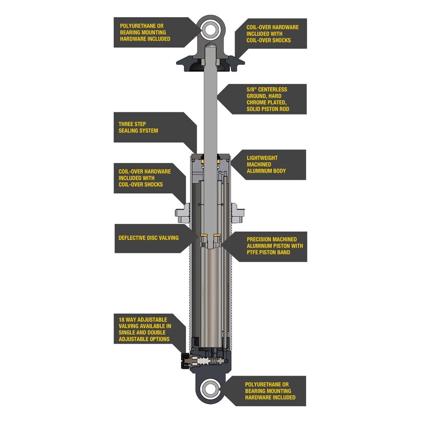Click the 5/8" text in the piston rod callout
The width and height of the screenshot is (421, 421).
(x=253, y=90)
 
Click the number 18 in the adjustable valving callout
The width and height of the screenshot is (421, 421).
(x=122, y=320)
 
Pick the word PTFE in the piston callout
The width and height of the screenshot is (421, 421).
(x=254, y=252)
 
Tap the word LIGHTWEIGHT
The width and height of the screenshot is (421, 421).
(x=262, y=158)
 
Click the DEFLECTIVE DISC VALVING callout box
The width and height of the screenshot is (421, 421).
(x=152, y=238)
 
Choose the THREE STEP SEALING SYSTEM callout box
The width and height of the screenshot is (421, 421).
(x=152, y=128)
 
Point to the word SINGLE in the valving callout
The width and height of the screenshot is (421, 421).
(x=128, y=333)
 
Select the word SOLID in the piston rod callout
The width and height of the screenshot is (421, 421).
(x=256, y=109)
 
